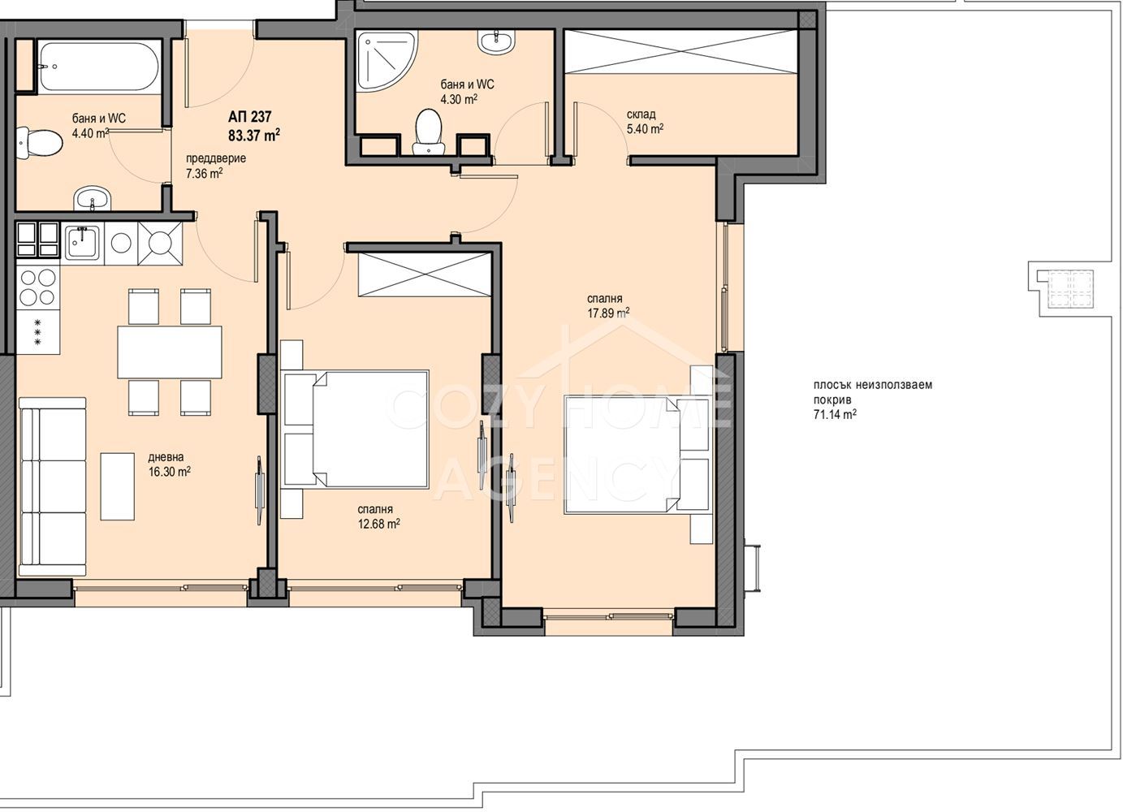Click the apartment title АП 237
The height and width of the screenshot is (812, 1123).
pyautogui.click(x=249, y=117)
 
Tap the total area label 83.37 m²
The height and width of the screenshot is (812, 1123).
pyautogui.click(x=254, y=135)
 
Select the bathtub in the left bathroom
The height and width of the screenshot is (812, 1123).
pyautogui.click(x=99, y=67)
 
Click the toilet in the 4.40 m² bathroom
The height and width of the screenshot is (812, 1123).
pyautogui.click(x=39, y=142)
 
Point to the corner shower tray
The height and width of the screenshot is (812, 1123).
pyautogui.click(x=386, y=61)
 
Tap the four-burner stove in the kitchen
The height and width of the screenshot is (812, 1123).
pyautogui.click(x=37, y=287)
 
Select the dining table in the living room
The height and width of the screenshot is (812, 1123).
pyautogui.click(x=170, y=352)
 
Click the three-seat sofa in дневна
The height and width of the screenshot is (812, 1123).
pyautogui.click(x=53, y=486)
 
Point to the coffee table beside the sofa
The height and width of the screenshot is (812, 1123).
pyautogui.click(x=117, y=486)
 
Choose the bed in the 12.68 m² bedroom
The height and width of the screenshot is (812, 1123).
pyautogui.click(x=355, y=429)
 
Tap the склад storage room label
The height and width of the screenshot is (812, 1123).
pyautogui.click(x=641, y=114)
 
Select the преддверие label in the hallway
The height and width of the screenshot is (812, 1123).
pyautogui.click(x=216, y=158)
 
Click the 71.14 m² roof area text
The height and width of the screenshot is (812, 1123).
pyautogui.click(x=835, y=414)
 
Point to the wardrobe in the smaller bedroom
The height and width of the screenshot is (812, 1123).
pyautogui.click(x=425, y=274)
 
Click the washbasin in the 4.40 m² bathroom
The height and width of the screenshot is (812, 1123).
pyautogui.click(x=92, y=199)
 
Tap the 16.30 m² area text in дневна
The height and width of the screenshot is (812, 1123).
pyautogui.click(x=170, y=472)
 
